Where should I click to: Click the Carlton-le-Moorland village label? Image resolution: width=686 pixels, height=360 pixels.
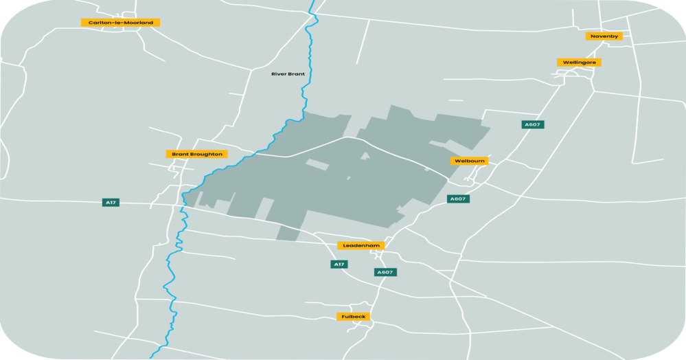click(120, 23)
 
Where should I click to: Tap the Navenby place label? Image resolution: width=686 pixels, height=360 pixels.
click(604, 36)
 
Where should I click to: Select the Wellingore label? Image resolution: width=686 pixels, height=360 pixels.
click(579, 63)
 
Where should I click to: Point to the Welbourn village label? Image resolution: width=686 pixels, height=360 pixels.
click(470, 161)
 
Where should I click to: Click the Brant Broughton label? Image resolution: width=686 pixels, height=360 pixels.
click(196, 154)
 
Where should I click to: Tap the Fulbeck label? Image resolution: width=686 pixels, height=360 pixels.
click(354, 317)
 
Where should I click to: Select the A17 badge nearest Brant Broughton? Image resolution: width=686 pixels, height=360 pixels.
click(111, 202)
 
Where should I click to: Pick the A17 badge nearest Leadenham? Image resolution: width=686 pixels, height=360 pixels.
click(339, 265)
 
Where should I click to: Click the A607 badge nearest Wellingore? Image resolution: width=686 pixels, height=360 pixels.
click(532, 124)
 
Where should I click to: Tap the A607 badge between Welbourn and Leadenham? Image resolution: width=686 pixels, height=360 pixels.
click(458, 199)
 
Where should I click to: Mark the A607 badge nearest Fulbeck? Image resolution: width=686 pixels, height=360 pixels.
click(385, 272)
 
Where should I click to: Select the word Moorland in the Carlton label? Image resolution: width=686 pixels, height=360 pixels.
click(139, 23)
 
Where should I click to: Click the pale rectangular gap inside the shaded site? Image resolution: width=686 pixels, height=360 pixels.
click(317, 164)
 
